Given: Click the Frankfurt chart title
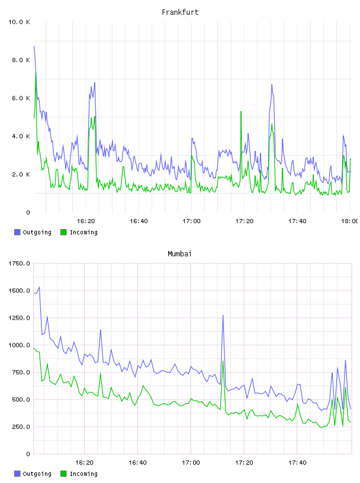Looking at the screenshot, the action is point(180,12).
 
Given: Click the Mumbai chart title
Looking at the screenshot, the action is point(179,254).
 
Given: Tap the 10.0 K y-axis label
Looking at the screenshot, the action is point(19,22).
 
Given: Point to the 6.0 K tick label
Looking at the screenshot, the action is point(21,98).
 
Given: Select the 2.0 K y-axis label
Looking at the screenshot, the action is point(21,175).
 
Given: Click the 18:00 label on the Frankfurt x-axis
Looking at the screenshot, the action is point(349,221).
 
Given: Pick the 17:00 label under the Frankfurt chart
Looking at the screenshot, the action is point(191,221).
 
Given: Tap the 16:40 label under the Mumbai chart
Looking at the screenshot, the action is point(137,462).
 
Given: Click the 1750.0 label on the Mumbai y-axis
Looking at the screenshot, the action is point(19,263).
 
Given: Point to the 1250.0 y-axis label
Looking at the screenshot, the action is point(19,318).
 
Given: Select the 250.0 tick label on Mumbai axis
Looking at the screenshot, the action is point(21,427).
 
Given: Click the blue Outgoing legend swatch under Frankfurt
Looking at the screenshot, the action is point(17,232).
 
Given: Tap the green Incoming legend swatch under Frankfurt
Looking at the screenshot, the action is point(63,232).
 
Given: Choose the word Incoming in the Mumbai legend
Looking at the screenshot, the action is point(83,474).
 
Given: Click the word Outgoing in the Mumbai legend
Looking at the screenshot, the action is point(37,474).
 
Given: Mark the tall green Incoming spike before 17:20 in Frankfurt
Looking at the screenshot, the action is point(241,111).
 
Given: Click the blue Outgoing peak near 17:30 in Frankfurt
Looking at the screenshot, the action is point(272,85).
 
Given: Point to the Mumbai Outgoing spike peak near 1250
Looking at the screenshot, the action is point(223,315).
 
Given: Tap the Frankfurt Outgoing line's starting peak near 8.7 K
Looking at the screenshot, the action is point(34,46).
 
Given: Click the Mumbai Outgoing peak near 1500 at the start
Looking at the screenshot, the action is point(39,287).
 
